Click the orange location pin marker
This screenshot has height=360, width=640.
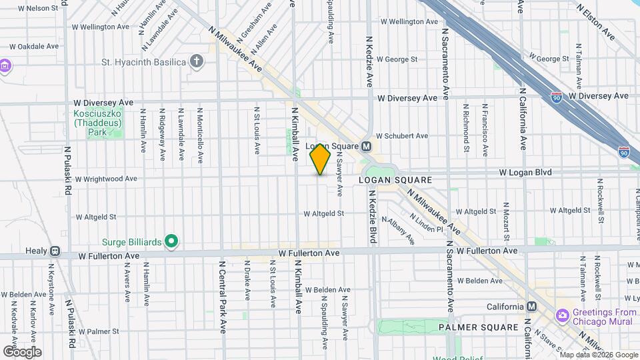pyautogui.click(x=321, y=159)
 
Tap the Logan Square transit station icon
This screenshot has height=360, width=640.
pyautogui.click(x=366, y=146)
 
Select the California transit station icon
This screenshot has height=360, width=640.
pyautogui.click(x=531, y=306)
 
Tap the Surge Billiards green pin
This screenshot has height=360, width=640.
pyautogui.click(x=171, y=241)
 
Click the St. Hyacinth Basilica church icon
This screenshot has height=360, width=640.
pyautogui.click(x=196, y=62)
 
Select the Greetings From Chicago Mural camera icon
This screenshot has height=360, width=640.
pyautogui.click(x=563, y=313)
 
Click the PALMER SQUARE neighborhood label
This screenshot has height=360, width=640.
pyautogui.click(x=478, y=327)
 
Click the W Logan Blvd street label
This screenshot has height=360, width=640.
pyautogui.click(x=526, y=172)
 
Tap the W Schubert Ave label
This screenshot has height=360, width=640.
pyautogui.click(x=402, y=135)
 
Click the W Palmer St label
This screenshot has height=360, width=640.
pyautogui.click(x=97, y=331)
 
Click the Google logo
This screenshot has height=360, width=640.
pyautogui.click(x=22, y=352)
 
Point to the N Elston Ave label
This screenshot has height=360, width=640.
pyautogui.click(x=597, y=22)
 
